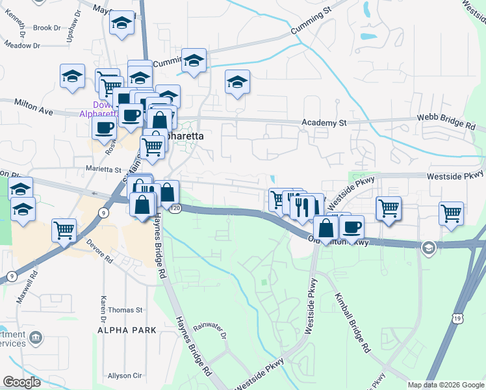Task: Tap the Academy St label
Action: (325, 122)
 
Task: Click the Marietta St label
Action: (104, 170)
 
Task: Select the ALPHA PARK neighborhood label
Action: (127, 330)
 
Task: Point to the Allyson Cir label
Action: (124, 376)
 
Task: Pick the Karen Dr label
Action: (103, 309)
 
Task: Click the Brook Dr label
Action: (46, 28)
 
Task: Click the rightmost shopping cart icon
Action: (451, 212)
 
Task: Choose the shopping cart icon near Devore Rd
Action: (64, 229)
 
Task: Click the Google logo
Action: (21, 382)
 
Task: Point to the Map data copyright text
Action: (445, 385)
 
